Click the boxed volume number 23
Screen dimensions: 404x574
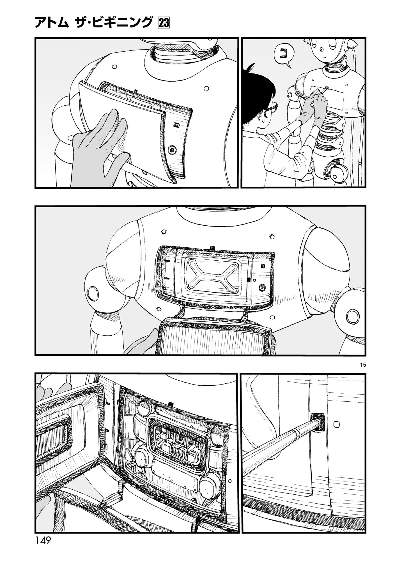coord(164,23)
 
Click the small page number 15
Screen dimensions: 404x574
coord(364,365)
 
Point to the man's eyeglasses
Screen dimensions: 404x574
coord(269,109)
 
